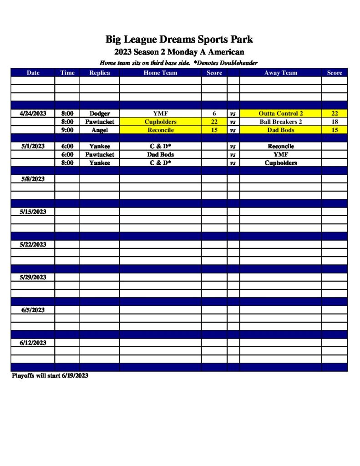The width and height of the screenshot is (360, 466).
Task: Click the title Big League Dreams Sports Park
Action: click(179, 39)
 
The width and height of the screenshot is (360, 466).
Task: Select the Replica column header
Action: click(100, 73)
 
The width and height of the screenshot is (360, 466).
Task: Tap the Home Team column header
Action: click(160, 73)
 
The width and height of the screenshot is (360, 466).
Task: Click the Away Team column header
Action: click(280, 73)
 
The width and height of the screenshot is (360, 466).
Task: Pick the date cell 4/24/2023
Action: click(33, 113)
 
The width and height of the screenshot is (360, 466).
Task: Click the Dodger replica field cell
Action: click(100, 113)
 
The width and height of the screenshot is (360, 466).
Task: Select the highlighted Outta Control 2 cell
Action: click(280, 113)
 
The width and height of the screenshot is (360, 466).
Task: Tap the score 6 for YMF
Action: click(214, 113)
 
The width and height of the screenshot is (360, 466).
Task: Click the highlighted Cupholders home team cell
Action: click(160, 122)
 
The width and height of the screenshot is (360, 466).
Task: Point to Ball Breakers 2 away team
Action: click(280, 122)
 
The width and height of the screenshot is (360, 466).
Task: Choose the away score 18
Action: click(335, 122)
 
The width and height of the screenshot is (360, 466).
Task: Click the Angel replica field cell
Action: click(100, 130)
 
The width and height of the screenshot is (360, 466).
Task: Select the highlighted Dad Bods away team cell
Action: click(280, 130)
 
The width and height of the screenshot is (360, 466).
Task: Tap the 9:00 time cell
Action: click(67, 130)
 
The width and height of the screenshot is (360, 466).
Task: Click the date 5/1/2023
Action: click(33, 147)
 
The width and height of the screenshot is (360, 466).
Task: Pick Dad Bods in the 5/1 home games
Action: click(160, 155)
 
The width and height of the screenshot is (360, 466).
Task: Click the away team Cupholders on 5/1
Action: click(280, 163)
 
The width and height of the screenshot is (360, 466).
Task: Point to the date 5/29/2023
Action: click(33, 277)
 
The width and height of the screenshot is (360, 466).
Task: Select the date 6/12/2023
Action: click(33, 343)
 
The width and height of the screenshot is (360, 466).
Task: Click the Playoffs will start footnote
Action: click(50, 376)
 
